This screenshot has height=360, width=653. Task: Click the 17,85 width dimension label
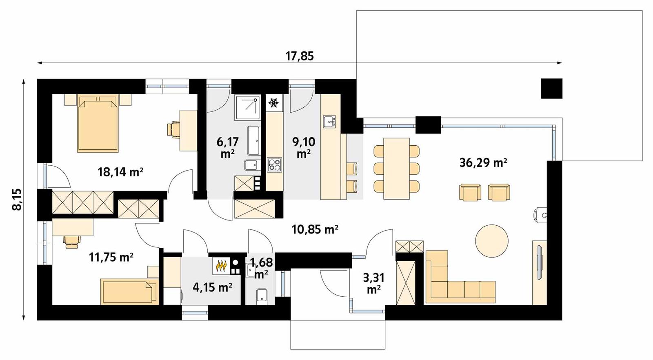pos(300,56)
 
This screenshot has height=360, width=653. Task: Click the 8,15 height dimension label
pos(17,199)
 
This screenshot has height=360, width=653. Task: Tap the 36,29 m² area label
pos(483,163)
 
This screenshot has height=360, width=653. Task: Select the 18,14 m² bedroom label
pos(120,172)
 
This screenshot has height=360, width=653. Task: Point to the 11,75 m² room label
pos(111,257)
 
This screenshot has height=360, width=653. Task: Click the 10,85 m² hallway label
pos(315,230)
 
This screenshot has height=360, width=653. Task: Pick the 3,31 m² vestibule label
pos(374,283)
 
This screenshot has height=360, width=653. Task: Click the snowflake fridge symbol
pos(273,103)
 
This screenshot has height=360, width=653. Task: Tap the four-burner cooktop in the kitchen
pos(274,165)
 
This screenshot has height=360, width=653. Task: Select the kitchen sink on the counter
pos(329,121)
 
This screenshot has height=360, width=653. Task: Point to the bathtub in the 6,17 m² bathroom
pos(253,140)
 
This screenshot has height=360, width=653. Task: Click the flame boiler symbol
pos(221,266)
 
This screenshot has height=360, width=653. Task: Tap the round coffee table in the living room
pos(492,240)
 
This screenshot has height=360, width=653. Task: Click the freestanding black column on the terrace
pos(552,88)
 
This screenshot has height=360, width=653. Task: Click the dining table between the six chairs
pos(396,169)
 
